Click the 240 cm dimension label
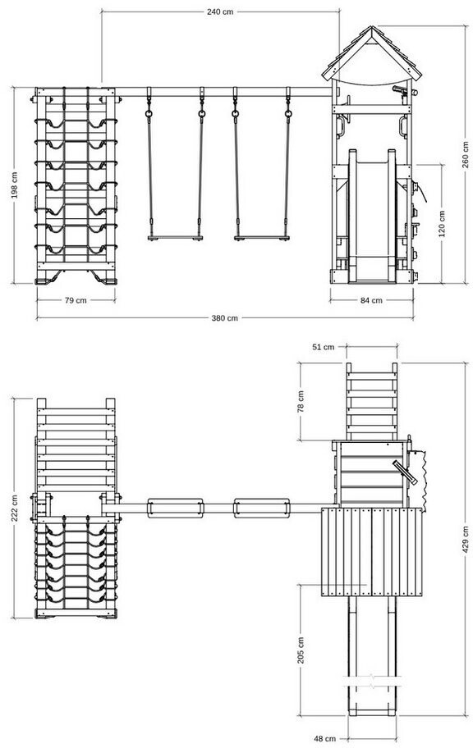pyautogui.click(x=220, y=12)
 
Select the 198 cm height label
pyautogui.click(x=15, y=185)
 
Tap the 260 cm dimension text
pyautogui.click(x=465, y=154)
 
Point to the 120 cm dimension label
pyautogui.click(x=441, y=224)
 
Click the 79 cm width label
pyautogui.click(x=76, y=300)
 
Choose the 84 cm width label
pyautogui.click(x=371, y=300)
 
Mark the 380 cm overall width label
pyautogui.click(x=224, y=318)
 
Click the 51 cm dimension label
pyautogui.click(x=324, y=347)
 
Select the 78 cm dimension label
pyautogui.click(x=301, y=401)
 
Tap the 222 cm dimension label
pyautogui.click(x=15, y=508)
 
